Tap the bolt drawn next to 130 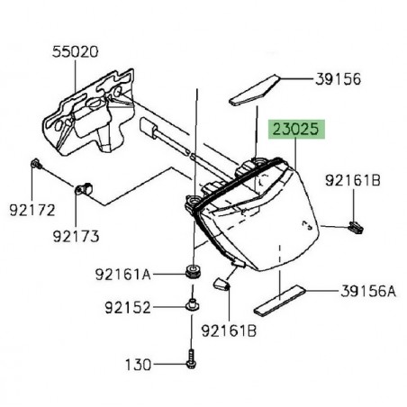point(191,359)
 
